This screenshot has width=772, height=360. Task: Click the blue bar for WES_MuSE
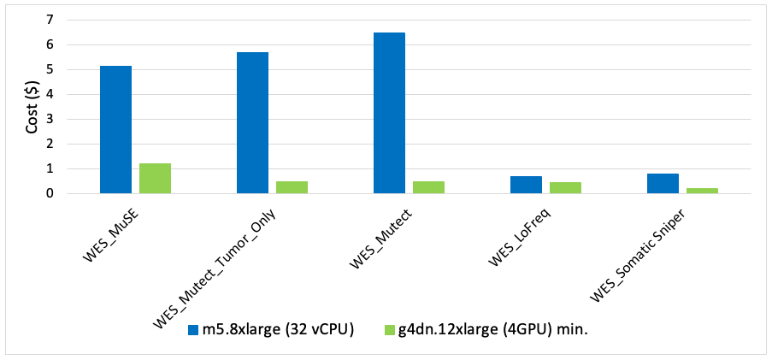click(115, 129)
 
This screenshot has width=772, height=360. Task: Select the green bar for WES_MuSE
click(155, 178)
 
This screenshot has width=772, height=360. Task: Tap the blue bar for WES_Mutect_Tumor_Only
click(252, 122)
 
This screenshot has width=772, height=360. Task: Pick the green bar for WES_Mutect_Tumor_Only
click(292, 187)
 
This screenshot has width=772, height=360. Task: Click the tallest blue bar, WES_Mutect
click(389, 113)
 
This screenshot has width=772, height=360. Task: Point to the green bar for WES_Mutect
click(428, 187)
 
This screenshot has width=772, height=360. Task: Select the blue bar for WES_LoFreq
click(526, 185)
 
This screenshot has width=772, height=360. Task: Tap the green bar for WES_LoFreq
click(565, 187)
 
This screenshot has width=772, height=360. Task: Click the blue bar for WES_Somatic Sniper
click(663, 183)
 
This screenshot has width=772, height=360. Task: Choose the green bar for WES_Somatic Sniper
click(702, 191)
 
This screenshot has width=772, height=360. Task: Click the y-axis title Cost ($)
click(32, 106)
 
